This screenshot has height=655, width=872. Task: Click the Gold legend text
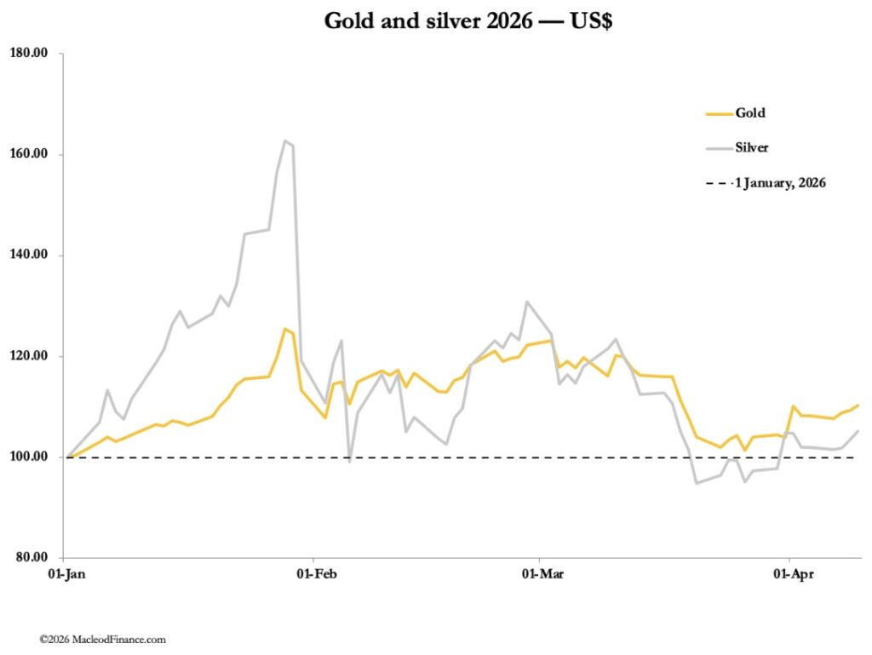[x=751, y=112]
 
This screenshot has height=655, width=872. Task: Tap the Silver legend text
[x=753, y=147]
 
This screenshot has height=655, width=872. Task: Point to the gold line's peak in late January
[x=284, y=329]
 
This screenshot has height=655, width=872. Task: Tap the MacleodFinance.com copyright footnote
[x=102, y=639]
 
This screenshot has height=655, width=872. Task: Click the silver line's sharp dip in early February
[x=349, y=461]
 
